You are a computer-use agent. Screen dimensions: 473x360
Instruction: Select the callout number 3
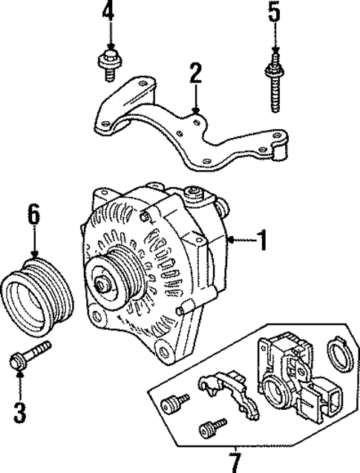[x=20, y=408]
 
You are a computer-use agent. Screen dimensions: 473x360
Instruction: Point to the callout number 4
[x=108, y=12]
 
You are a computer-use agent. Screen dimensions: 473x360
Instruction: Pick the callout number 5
[x=275, y=12]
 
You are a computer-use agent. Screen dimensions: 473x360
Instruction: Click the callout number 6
[x=33, y=215]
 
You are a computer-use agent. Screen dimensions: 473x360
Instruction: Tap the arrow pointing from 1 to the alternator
[x=239, y=239]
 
